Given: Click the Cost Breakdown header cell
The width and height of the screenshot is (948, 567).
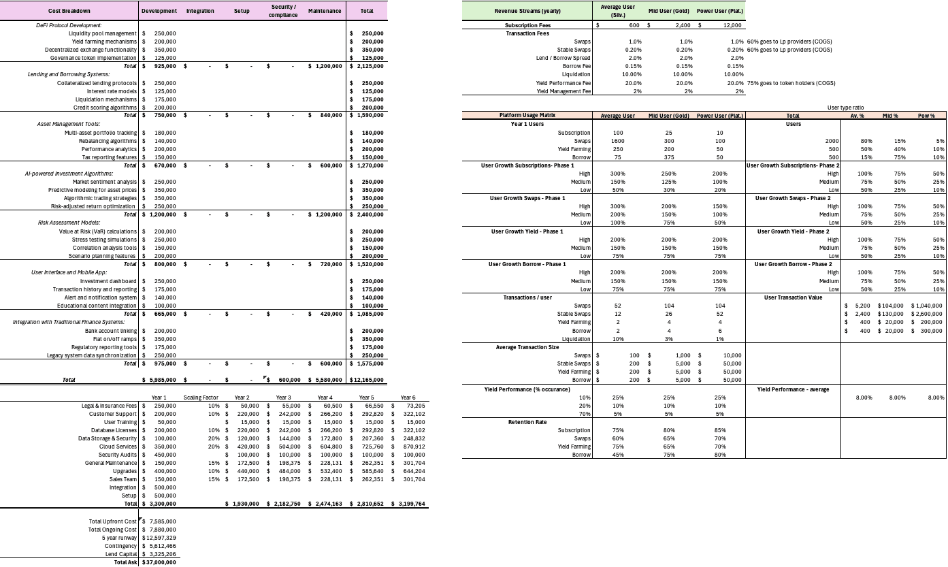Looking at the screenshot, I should [x=69, y=11].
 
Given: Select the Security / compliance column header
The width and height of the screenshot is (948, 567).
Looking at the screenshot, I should [x=282, y=11].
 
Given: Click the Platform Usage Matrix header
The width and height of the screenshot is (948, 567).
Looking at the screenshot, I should [x=526, y=116].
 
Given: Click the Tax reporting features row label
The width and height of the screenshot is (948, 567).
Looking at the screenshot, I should [x=106, y=157].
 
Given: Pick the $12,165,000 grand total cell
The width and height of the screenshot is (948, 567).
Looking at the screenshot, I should [x=367, y=380].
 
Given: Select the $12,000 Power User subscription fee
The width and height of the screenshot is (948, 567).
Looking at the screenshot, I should [x=732, y=25].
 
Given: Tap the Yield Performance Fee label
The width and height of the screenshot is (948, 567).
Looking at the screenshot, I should [x=563, y=82].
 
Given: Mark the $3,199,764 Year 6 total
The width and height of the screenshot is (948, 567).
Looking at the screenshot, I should [x=409, y=504].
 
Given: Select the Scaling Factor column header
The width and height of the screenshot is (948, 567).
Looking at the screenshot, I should [x=200, y=398].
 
